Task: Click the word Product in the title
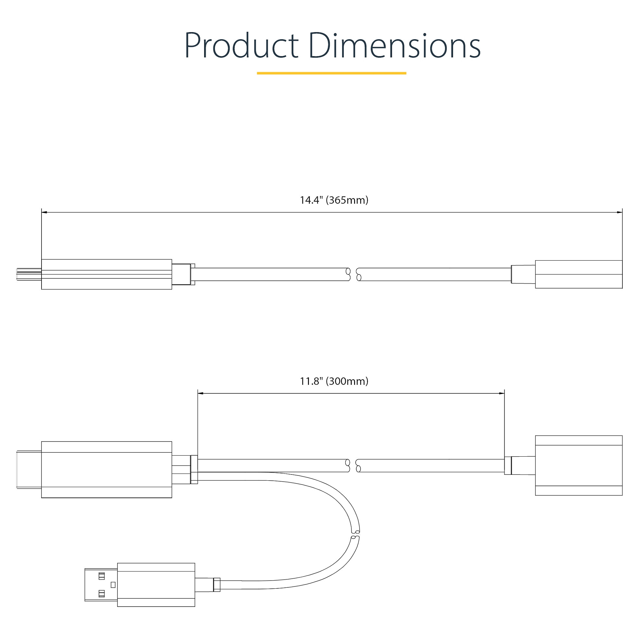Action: pos(241,46)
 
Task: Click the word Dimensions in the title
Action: pos(395,45)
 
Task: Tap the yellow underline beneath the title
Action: pos(331,73)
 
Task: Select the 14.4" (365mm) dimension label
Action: pos(334,200)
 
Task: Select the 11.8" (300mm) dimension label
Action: pos(334,381)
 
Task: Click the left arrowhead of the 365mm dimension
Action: pos(44,212)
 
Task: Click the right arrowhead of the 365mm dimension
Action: pos(620,212)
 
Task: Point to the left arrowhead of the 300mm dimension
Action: pos(200,394)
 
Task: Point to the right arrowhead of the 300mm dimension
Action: pos(502,394)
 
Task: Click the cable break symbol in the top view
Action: pos(353,274)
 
